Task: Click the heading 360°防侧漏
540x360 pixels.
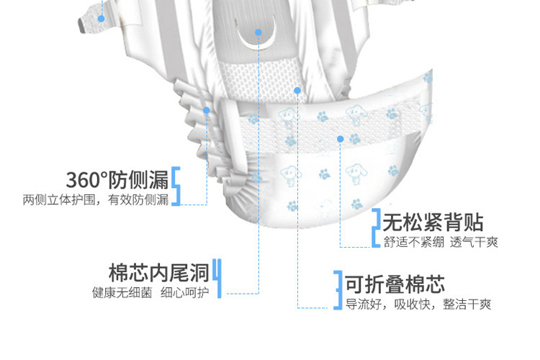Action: click(x=117, y=179)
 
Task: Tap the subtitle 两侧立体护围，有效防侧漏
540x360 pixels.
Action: click(x=95, y=199)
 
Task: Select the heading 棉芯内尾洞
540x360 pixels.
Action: click(x=159, y=273)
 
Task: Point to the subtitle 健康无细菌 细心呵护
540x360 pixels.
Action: click(x=150, y=293)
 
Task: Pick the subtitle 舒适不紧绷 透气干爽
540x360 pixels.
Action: click(x=440, y=242)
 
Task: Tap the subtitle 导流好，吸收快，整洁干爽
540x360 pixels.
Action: click(x=418, y=304)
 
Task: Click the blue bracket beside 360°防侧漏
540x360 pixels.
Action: click(x=175, y=186)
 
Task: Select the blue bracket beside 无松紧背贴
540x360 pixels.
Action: click(x=375, y=228)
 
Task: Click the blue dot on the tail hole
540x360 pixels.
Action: click(x=258, y=32)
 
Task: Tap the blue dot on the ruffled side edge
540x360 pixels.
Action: click(x=207, y=110)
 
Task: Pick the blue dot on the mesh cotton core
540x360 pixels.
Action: click(x=297, y=90)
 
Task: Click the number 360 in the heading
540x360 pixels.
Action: click(x=82, y=179)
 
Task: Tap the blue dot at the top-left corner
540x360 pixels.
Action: click(x=102, y=18)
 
